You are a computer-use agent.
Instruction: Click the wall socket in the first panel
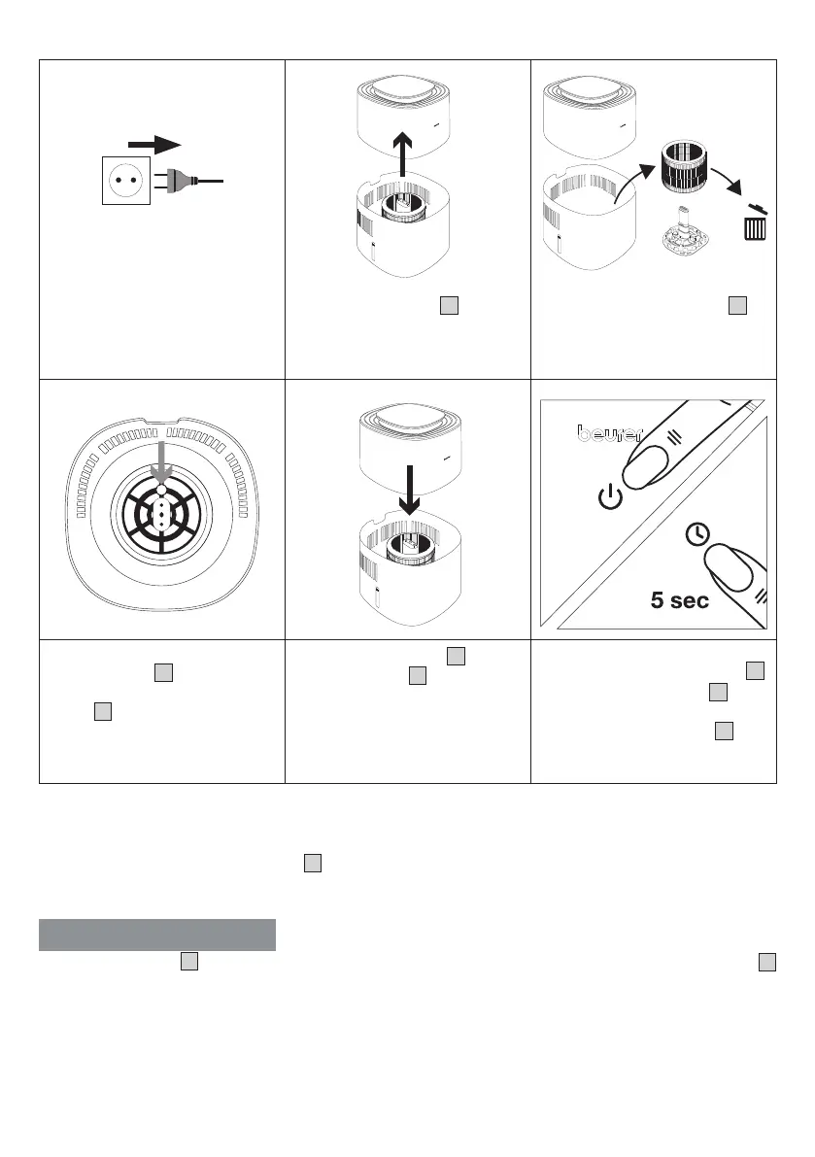[x=125, y=181]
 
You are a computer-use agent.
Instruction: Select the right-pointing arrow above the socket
[x=153, y=144]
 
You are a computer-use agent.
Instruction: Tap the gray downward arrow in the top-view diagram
[x=162, y=462]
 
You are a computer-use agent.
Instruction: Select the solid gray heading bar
[x=157, y=935]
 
